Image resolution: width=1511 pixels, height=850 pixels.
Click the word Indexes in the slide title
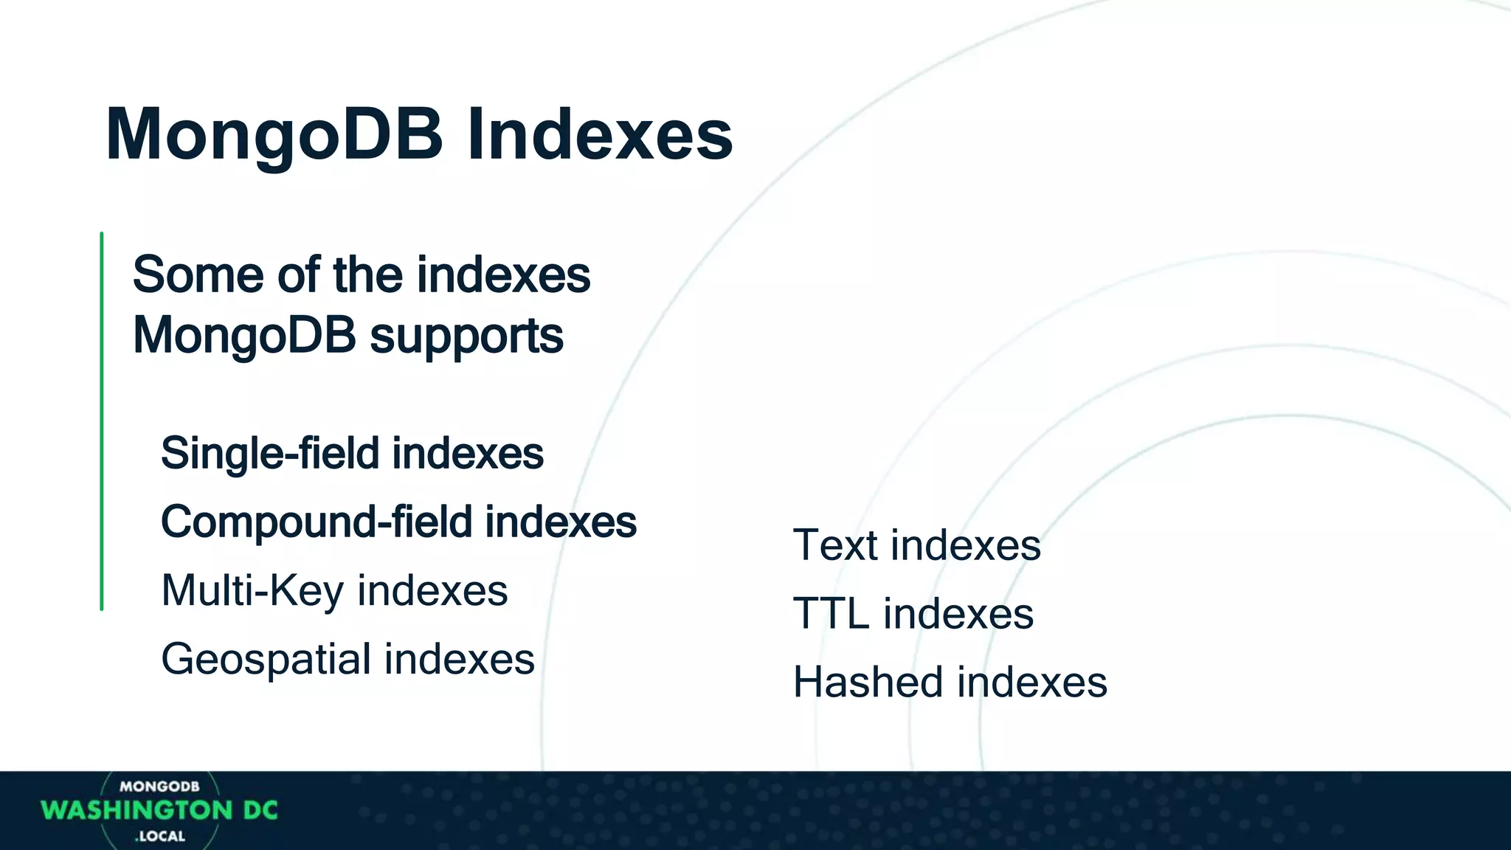point(600,135)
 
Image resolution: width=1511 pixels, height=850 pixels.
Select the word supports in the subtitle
point(466,336)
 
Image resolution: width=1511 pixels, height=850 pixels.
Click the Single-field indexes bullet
point(352,453)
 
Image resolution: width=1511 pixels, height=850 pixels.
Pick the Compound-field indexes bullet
point(398,522)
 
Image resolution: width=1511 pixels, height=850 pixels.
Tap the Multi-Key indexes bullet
point(334,590)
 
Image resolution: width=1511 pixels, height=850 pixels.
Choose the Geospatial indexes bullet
point(348,659)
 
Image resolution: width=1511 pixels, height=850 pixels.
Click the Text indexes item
point(916,545)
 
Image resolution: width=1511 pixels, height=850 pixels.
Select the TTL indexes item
point(913,614)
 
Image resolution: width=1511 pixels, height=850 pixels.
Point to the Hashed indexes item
point(950,682)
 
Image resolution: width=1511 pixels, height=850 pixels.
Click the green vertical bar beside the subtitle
point(102,421)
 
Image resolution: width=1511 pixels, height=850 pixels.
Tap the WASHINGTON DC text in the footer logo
point(159,811)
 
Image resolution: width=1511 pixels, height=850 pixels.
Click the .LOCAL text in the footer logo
point(160,837)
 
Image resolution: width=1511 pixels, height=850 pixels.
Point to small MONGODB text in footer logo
point(159,787)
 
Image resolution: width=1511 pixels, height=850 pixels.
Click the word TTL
point(831,614)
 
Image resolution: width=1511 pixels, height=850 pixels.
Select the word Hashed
point(868,682)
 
